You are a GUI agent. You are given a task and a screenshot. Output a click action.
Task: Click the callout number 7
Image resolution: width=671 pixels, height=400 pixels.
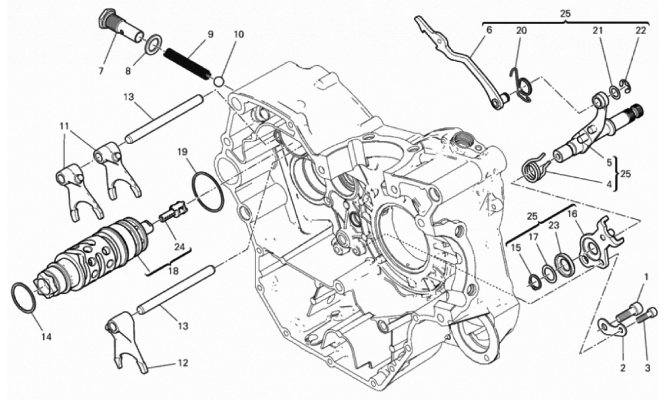[x=101, y=71]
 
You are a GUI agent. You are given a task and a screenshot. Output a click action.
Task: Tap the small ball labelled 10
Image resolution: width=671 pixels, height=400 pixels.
[x=220, y=81]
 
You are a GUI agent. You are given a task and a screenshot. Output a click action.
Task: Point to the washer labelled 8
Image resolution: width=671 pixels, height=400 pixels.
[x=153, y=44]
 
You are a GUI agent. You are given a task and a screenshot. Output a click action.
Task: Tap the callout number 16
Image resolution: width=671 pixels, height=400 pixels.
[x=573, y=214]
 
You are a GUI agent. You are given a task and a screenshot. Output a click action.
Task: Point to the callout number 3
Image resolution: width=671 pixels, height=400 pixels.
[x=647, y=367]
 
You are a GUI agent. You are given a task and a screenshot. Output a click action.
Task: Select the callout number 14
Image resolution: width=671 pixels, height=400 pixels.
[x=47, y=337]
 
